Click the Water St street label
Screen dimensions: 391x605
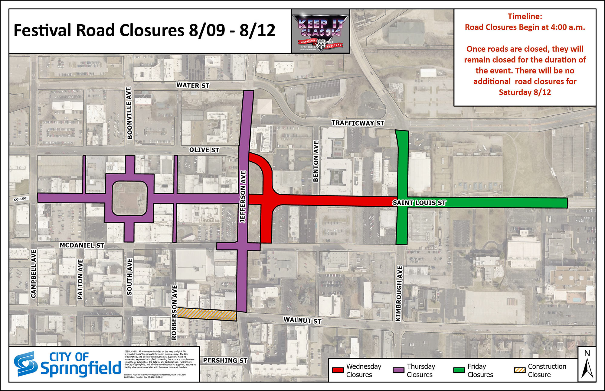click(193, 86)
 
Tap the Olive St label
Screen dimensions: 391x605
click(204, 150)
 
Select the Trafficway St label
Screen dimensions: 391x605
click(358, 123)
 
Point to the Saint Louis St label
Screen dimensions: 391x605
click(419, 203)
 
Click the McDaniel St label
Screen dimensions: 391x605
click(82, 245)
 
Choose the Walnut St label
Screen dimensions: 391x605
click(302, 320)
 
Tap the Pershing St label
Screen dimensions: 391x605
click(225, 360)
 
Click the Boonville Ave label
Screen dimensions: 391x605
click(129, 113)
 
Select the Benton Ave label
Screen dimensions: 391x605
click(316, 161)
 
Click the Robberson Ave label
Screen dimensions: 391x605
click(174, 312)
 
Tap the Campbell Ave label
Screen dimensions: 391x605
click(34, 274)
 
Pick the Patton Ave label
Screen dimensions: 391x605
click(80, 279)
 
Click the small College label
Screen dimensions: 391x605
click(21, 199)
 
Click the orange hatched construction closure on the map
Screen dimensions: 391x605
click(207, 315)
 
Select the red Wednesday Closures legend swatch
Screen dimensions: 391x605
click(338, 370)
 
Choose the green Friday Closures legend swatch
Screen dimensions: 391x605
click(459, 370)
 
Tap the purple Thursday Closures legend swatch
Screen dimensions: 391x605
click(398, 370)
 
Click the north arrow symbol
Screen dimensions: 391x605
click(587, 365)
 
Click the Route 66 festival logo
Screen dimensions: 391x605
click(321, 31)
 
